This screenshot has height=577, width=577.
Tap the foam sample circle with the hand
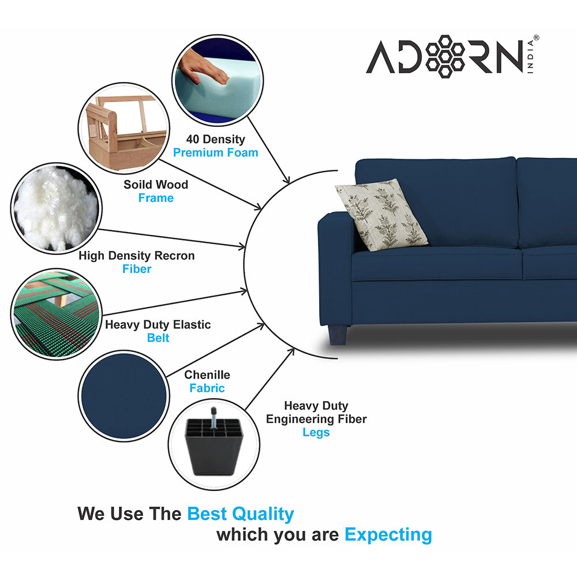click(x=218, y=80)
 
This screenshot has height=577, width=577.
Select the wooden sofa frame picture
click(x=123, y=128)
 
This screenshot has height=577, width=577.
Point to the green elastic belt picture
click(x=56, y=313)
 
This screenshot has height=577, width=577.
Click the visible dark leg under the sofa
click(x=338, y=334)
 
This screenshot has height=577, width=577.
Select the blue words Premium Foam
click(x=216, y=153)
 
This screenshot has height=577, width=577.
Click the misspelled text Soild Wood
click(x=156, y=185)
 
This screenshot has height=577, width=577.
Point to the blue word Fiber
click(x=137, y=269)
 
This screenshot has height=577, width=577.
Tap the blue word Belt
click(x=158, y=338)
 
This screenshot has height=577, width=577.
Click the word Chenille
click(x=207, y=375)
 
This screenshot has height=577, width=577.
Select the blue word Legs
click(x=316, y=432)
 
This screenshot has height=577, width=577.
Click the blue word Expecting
click(x=388, y=534)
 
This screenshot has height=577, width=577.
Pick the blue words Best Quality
click(x=241, y=514)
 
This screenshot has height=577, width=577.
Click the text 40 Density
click(x=215, y=139)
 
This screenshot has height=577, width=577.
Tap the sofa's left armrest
click(x=335, y=260)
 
